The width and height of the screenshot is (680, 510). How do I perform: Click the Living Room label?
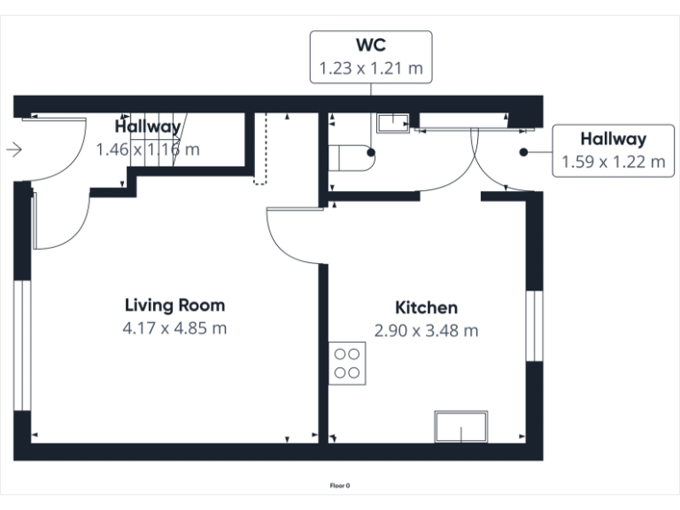click(174, 305)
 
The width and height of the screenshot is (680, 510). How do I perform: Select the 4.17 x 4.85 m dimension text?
click(174, 328)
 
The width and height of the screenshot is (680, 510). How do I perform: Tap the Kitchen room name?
click(426, 308)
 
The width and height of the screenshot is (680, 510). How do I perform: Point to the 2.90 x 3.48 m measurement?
click(426, 331)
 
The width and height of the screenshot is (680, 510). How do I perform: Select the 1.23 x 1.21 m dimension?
click(371, 67)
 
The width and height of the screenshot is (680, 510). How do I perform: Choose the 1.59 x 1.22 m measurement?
click(613, 161)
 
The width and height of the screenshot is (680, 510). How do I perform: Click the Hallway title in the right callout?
click(613, 139)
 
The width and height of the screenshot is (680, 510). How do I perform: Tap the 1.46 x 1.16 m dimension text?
click(147, 150)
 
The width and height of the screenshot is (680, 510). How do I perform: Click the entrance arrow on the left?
click(13, 150)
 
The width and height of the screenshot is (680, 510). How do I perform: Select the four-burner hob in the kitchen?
click(347, 363)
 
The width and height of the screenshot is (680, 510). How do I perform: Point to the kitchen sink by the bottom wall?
click(460, 427)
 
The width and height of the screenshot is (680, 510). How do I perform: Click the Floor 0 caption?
click(340, 485)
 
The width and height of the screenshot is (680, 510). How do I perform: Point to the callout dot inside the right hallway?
click(524, 151)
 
